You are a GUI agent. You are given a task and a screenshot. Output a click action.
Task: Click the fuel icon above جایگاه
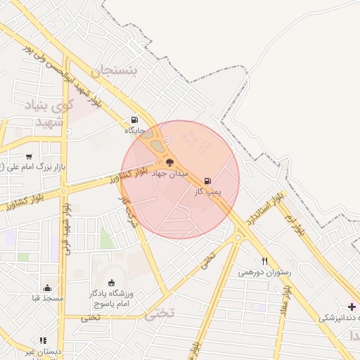(134, 120)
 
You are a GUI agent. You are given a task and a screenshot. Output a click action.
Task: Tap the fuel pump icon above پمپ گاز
(207, 181)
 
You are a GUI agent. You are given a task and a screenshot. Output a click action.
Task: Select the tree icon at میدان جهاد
(169, 162)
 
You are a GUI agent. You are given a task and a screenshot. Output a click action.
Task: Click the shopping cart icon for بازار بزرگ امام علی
(29, 156)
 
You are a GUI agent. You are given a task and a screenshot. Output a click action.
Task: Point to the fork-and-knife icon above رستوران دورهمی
(264, 261)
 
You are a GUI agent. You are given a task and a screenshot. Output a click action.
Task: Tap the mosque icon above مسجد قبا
(47, 287)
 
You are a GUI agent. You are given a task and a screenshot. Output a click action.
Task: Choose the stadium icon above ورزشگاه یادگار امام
(111, 283)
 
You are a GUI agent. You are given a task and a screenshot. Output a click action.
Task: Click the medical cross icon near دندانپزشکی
(352, 307)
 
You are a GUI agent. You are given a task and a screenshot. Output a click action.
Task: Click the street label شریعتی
(127, 208)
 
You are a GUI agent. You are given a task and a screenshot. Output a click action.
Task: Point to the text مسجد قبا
(47, 298)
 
